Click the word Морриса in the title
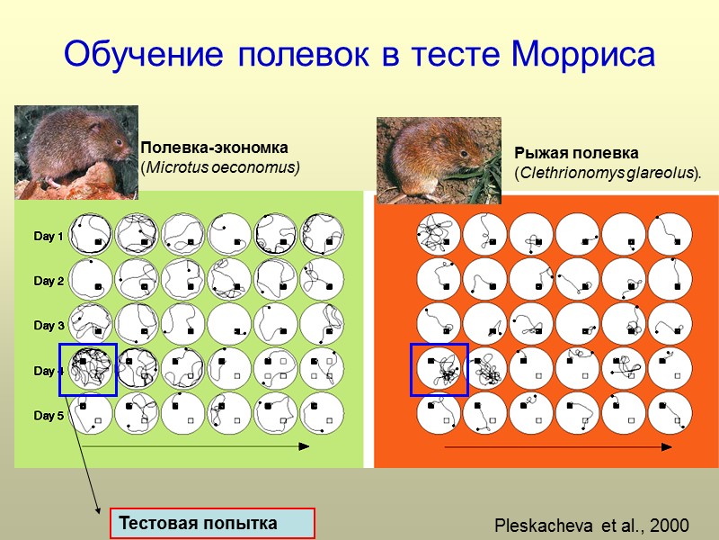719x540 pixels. tap(583, 55)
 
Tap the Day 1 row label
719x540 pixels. tap(49, 237)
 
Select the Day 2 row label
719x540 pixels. tap(49, 282)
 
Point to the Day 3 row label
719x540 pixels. tap(49, 326)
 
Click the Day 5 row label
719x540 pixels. tap(49, 416)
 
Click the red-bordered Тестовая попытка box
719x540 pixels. tap(212, 523)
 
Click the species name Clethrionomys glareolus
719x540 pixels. tap(605, 172)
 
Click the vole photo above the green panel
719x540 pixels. tap(76, 151)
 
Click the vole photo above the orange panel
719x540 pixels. tap(438, 159)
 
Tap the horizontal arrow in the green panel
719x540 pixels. tap(198, 445)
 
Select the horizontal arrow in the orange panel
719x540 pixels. tap(557, 445)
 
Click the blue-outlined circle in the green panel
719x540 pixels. tap(88, 369)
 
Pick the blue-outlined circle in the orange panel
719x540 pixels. tap(439, 369)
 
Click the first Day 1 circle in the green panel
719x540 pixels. tap(91, 235)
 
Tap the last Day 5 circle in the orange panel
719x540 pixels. tap(670, 413)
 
